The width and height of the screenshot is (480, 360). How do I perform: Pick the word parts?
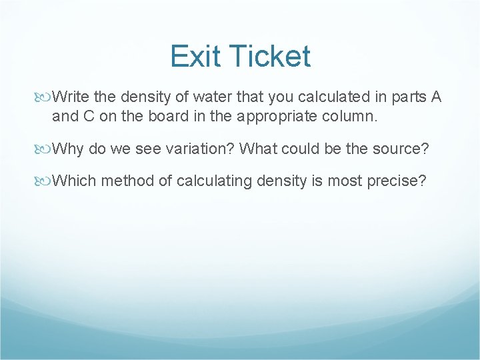[x=409, y=97]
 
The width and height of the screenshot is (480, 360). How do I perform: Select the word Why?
[x=68, y=148]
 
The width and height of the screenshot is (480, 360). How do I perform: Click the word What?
[x=258, y=148]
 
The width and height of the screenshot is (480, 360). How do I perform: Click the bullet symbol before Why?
[x=45, y=148]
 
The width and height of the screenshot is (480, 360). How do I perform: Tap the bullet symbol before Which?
[x=45, y=179]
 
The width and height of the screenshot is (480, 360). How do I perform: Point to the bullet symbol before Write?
[x=45, y=97]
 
